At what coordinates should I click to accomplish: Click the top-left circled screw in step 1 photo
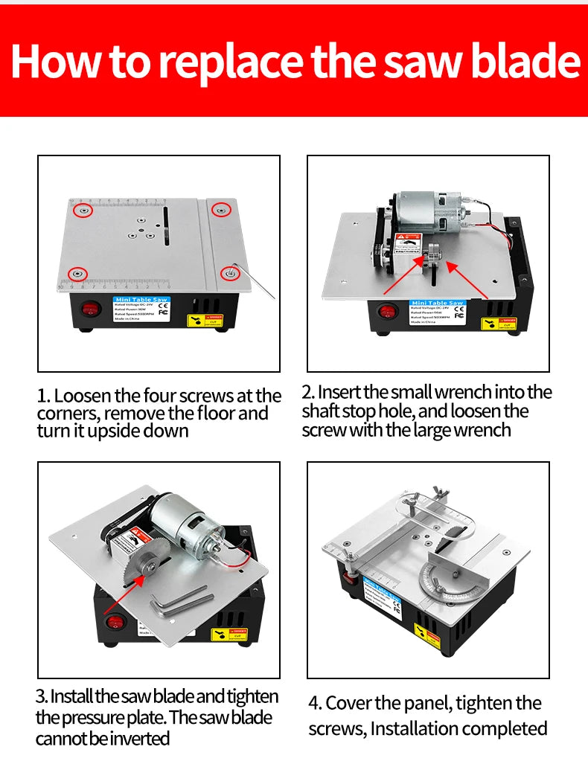86,211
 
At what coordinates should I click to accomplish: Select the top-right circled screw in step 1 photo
220,210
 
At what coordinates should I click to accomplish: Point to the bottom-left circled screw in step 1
77,275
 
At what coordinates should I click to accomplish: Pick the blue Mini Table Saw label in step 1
141,300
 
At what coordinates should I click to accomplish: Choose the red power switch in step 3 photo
114,624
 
